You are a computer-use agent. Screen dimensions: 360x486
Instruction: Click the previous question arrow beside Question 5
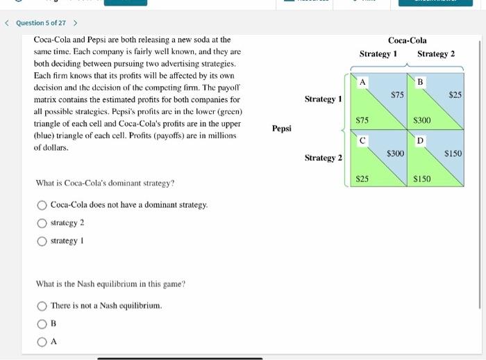[x=7, y=23]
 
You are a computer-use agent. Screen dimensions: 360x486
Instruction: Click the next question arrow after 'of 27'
[x=75, y=23]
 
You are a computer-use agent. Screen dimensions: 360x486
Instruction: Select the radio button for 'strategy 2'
[x=42, y=222]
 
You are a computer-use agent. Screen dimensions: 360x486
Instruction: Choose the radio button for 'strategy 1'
[x=42, y=240]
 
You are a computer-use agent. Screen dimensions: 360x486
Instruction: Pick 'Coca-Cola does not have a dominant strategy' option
[x=42, y=205]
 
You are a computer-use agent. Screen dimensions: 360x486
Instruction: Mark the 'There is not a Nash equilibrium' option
[x=42, y=306]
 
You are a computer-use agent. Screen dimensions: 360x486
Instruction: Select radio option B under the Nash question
[x=42, y=323]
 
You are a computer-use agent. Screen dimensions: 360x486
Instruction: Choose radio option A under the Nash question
[x=42, y=341]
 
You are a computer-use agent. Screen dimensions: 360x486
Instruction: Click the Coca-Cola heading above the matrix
[x=407, y=40]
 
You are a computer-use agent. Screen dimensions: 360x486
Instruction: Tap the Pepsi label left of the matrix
[x=282, y=129]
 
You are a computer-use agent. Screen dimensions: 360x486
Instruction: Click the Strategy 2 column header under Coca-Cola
[x=436, y=54]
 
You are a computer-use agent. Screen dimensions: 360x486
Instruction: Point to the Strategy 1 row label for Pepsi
[x=323, y=99]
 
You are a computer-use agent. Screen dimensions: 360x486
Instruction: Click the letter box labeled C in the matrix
[x=362, y=141]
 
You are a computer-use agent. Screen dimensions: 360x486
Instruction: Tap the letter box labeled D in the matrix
[x=419, y=141]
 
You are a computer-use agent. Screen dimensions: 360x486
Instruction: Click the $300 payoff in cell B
[x=421, y=120]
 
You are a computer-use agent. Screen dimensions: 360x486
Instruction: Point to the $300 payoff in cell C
[x=395, y=152]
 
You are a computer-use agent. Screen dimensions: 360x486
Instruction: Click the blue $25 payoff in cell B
[x=455, y=94]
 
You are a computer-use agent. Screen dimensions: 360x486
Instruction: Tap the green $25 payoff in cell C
[x=362, y=179]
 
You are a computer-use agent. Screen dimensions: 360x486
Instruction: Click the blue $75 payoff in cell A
[x=397, y=94]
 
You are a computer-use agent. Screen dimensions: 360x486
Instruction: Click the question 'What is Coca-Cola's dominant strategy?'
[x=105, y=183]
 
